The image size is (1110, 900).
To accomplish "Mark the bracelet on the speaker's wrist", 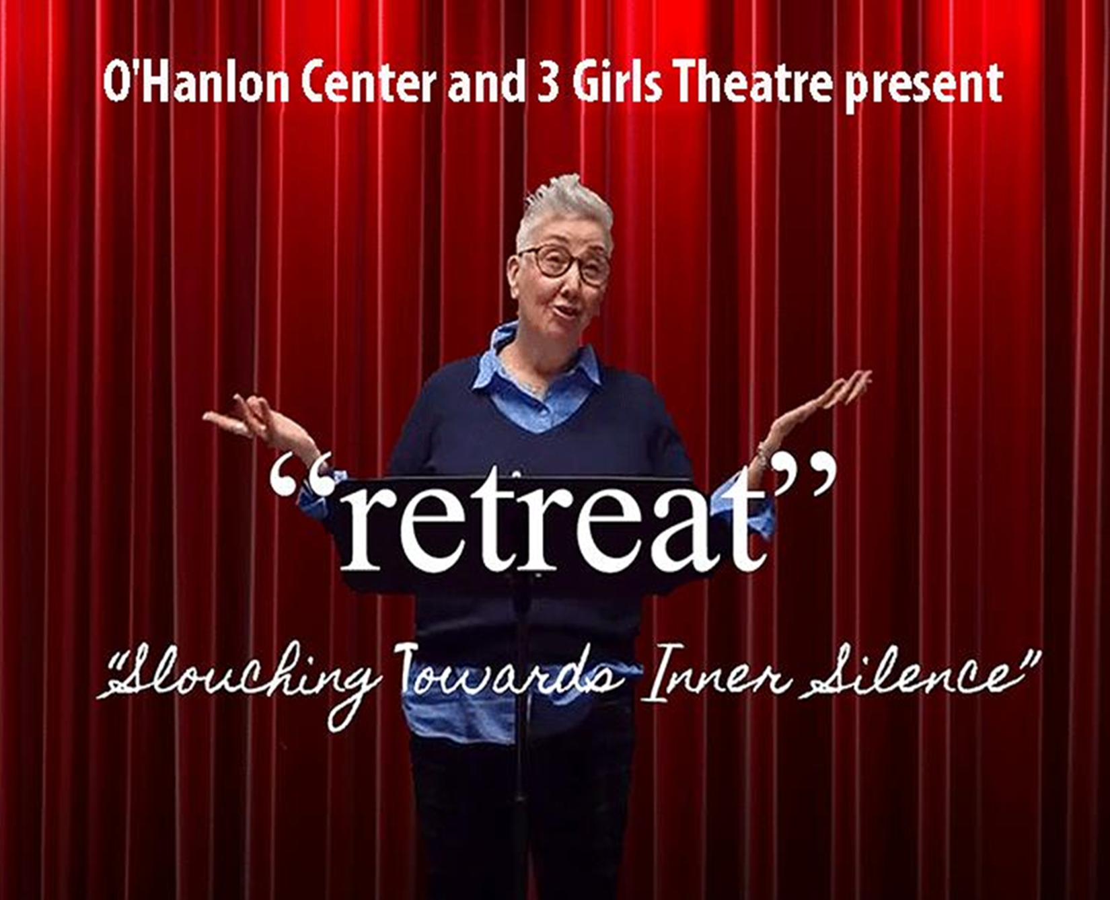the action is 762,457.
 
